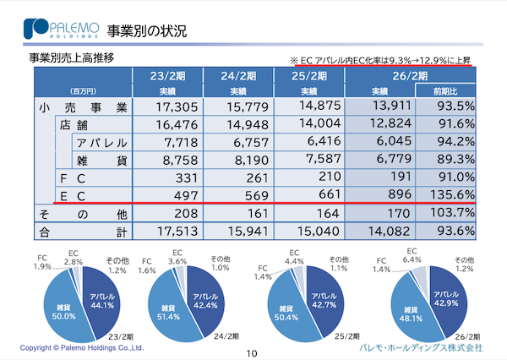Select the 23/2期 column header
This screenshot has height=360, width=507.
(167, 74)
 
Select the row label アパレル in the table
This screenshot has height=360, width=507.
(102, 141)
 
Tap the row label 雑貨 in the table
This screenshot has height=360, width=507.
(102, 159)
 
